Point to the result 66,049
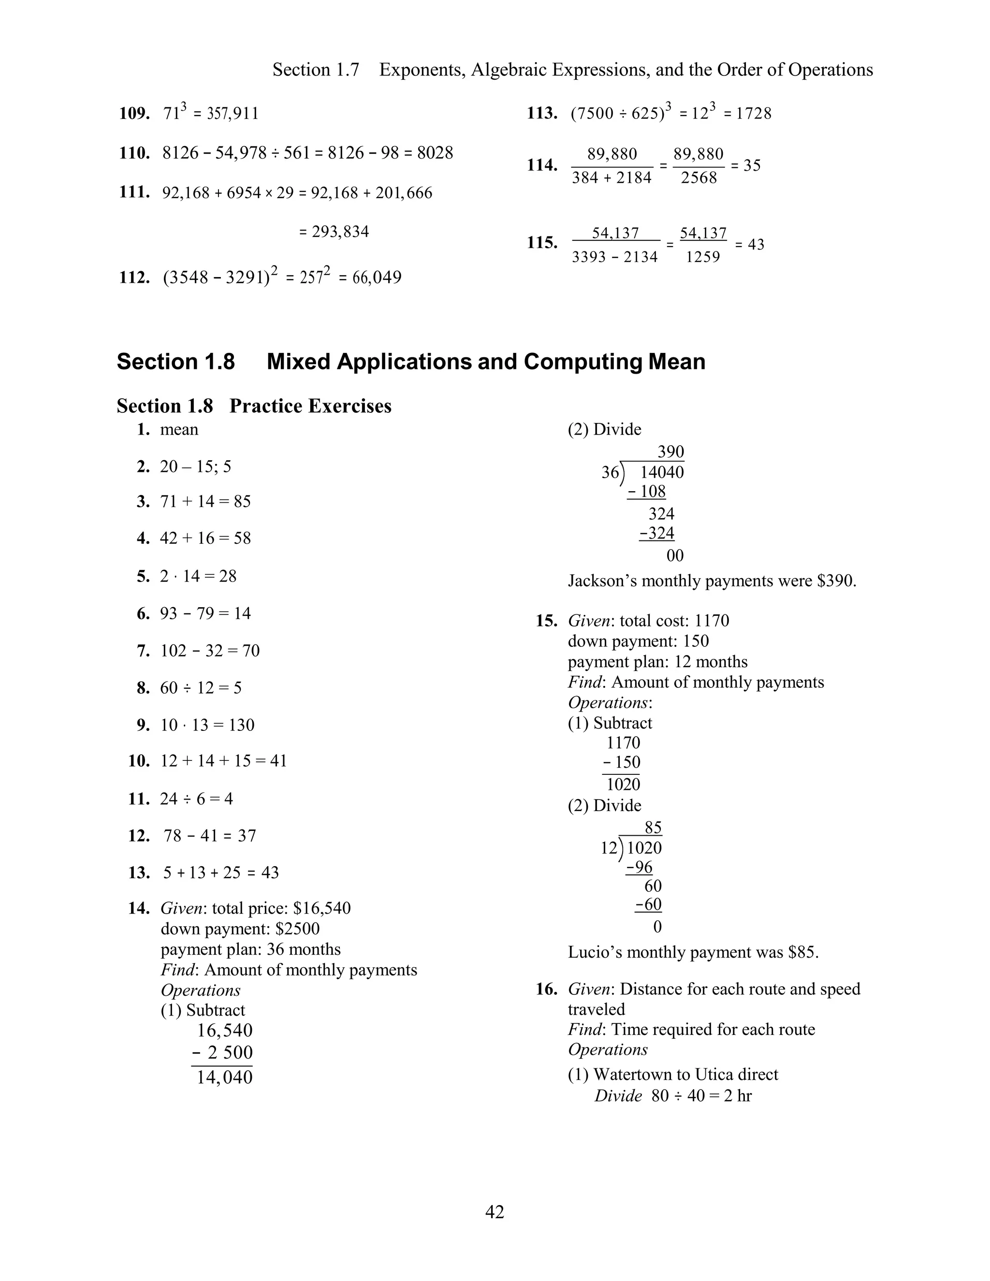pyautogui.click(x=377, y=277)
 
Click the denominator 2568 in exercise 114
pyautogui.click(x=699, y=178)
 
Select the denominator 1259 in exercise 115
pyautogui.click(x=702, y=257)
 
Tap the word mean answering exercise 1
pyautogui.click(x=179, y=429)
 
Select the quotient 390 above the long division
pyautogui.click(x=670, y=451)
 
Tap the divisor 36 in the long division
pyautogui.click(x=610, y=472)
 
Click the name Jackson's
pyautogui.click(x=603, y=581)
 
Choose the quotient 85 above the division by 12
pyautogui.click(x=653, y=828)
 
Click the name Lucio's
pyautogui.click(x=595, y=952)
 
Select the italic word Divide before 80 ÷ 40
pyautogui.click(x=618, y=1096)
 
